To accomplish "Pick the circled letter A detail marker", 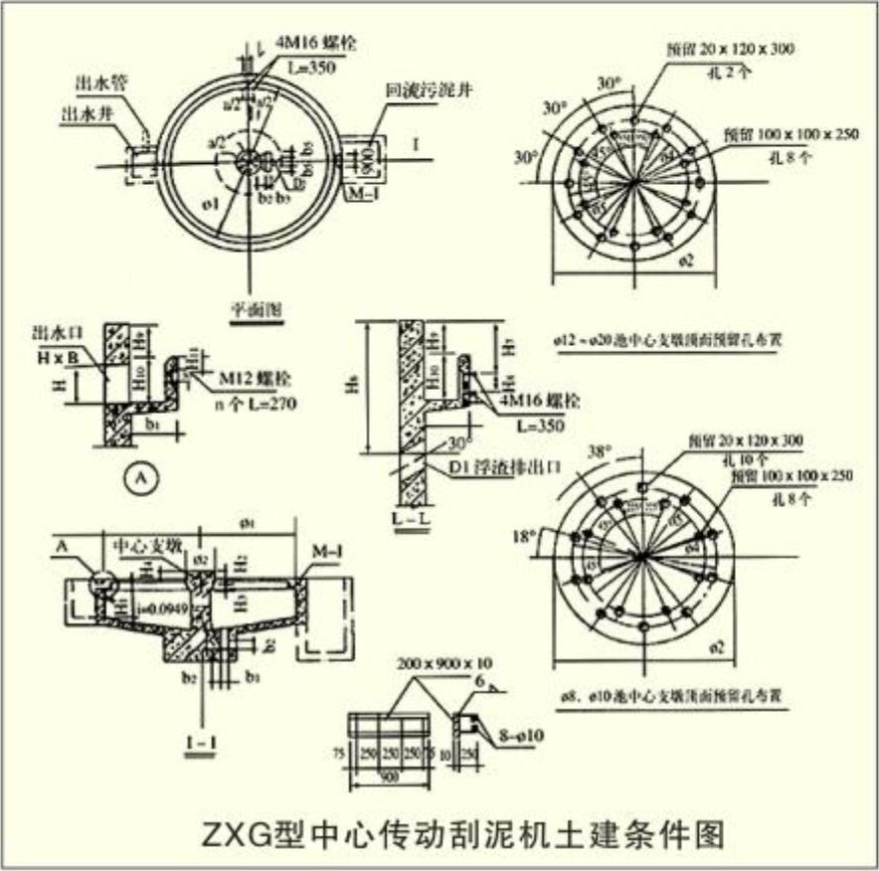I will pyautogui.click(x=141, y=478).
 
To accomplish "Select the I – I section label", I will pyautogui.click(x=203, y=741).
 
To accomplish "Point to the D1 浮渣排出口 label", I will pyautogui.click(x=496, y=465).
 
